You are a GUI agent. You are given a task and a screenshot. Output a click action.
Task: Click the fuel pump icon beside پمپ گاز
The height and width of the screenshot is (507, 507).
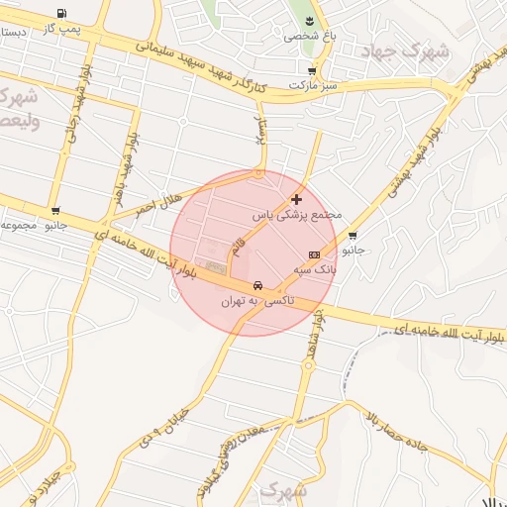(63, 14)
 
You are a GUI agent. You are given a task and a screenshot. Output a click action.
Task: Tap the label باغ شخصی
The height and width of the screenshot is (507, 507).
(310, 36)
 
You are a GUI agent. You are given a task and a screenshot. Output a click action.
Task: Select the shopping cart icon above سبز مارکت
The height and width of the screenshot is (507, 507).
(312, 71)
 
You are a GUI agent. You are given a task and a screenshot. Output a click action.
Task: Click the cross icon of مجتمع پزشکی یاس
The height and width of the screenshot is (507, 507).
(296, 199)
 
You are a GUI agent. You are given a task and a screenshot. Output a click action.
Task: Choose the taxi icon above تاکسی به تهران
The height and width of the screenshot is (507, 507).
(257, 283)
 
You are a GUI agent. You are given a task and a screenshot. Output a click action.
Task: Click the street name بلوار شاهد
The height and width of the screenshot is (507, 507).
(314, 332)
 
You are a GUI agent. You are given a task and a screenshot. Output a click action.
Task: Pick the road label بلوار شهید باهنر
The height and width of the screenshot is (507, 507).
(123, 169)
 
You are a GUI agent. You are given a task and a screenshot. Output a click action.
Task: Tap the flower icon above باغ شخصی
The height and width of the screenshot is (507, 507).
(310, 21)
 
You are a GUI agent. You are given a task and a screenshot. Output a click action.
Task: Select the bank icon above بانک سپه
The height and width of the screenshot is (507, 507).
(315, 254)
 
